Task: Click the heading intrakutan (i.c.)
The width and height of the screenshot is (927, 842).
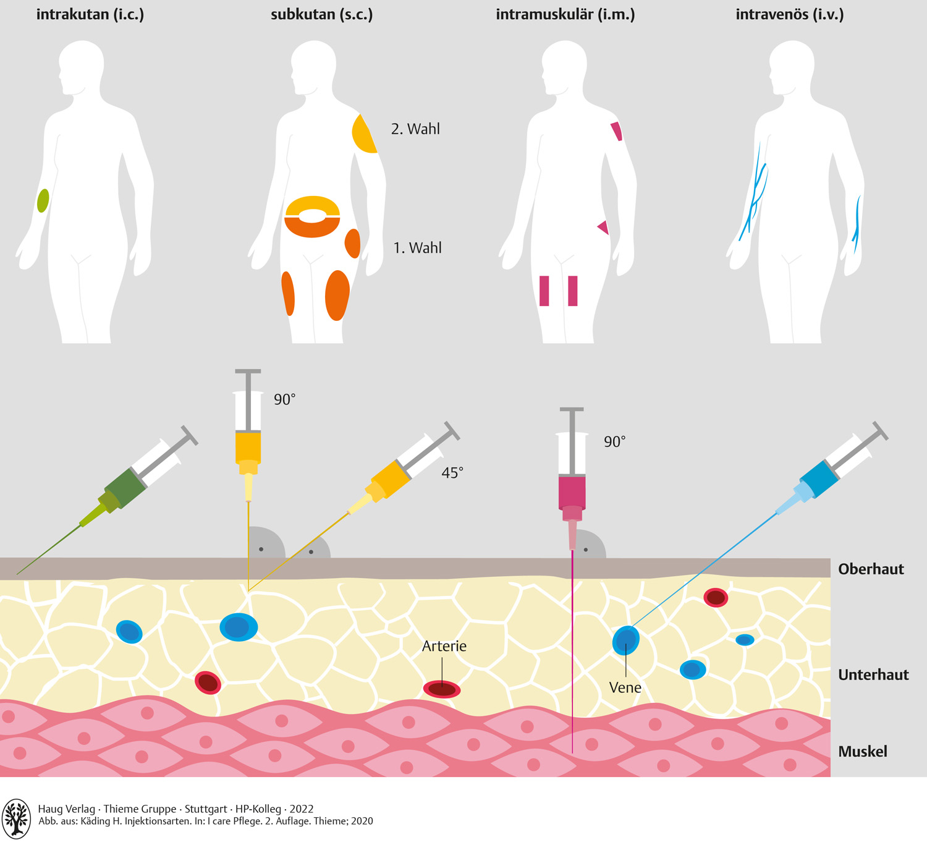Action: click(x=90, y=14)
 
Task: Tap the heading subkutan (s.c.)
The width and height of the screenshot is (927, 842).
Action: click(x=321, y=14)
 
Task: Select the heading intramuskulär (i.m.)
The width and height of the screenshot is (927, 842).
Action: click(x=565, y=14)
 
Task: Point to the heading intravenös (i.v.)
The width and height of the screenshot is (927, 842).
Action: click(x=789, y=14)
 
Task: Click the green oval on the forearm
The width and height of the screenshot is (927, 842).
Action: click(x=43, y=201)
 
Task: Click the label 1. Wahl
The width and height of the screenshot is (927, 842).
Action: click(x=417, y=248)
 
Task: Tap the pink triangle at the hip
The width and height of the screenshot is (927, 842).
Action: click(x=604, y=228)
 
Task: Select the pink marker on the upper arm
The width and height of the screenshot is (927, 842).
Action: click(x=616, y=131)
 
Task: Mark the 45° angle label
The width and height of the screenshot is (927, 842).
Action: click(x=452, y=473)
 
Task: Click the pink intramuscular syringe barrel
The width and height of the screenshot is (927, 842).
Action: click(x=572, y=491)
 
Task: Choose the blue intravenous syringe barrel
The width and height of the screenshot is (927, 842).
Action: click(x=821, y=479)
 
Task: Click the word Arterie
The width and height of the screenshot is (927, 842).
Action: click(x=444, y=646)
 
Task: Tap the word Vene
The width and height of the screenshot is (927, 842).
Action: click(x=625, y=687)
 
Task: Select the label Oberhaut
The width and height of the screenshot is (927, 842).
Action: click(x=870, y=569)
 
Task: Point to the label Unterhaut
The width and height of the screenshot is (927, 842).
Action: click(x=873, y=674)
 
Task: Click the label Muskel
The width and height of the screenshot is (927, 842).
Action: click(x=862, y=752)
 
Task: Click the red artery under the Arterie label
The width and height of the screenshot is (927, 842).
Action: click(x=442, y=689)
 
